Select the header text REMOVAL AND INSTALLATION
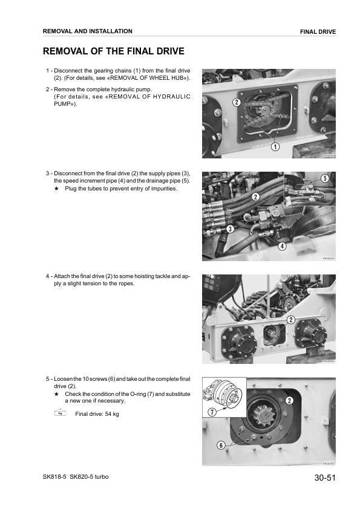[87, 31]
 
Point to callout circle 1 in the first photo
[275, 146]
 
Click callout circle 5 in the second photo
[325, 178]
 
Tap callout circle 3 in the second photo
[230, 229]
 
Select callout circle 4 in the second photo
[282, 246]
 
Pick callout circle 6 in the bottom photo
[221, 446]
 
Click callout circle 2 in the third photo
[290, 319]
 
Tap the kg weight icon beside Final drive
[59, 413]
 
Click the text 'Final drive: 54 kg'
[97, 414]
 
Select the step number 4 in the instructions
[48, 276]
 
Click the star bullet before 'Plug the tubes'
[56, 189]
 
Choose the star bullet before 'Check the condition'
[56, 394]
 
